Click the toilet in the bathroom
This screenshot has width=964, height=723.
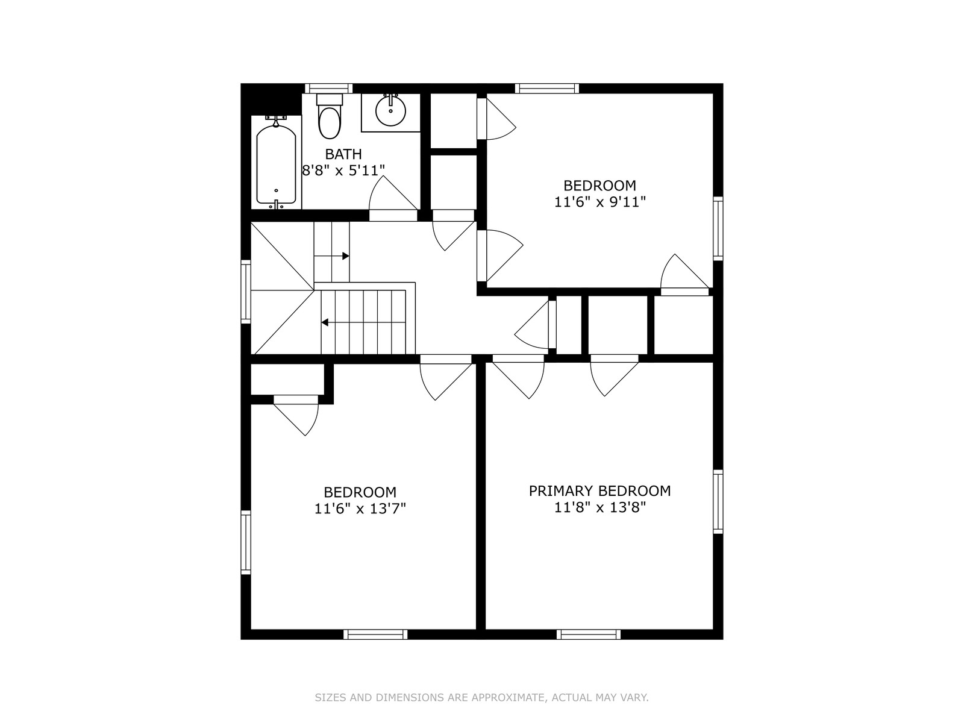[330, 116]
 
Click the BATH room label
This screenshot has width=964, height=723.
[343, 154]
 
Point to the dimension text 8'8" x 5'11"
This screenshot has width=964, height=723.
[343, 171]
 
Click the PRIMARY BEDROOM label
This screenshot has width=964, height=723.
[599, 491]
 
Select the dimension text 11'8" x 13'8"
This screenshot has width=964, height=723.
[599, 507]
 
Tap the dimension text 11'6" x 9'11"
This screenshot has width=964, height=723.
[599, 202]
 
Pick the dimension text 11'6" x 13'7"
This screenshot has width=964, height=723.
[360, 509]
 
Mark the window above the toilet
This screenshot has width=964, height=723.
[329, 88]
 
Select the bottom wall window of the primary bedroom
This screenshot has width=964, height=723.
[589, 634]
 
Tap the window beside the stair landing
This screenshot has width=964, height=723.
[246, 292]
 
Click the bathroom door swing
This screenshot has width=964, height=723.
[393, 193]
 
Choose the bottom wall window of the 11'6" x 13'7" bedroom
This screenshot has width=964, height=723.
[375, 634]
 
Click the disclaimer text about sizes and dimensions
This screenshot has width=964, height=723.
[482, 698]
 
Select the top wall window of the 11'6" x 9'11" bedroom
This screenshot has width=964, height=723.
[547, 88]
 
